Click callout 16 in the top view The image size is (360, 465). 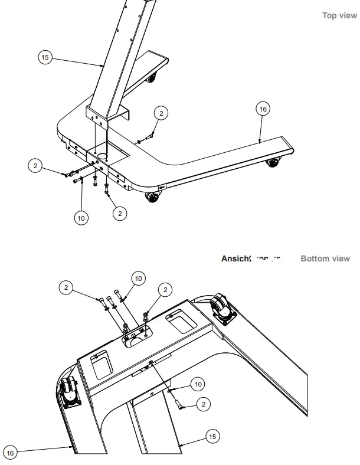[x=263, y=109]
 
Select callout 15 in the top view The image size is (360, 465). [x=45, y=57]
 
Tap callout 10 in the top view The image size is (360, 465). [x=81, y=218]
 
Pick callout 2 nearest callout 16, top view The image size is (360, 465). [x=161, y=113]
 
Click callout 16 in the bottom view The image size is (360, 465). [x=10, y=452]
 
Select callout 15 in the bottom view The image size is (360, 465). [x=212, y=436]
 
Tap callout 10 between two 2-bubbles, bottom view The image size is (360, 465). [x=138, y=277]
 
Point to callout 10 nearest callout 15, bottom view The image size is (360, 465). [x=198, y=384]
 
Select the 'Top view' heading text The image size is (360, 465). [x=339, y=15]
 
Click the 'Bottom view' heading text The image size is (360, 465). [x=325, y=258]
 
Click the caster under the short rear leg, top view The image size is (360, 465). [x=152, y=77]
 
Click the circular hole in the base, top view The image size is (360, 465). [x=103, y=156]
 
